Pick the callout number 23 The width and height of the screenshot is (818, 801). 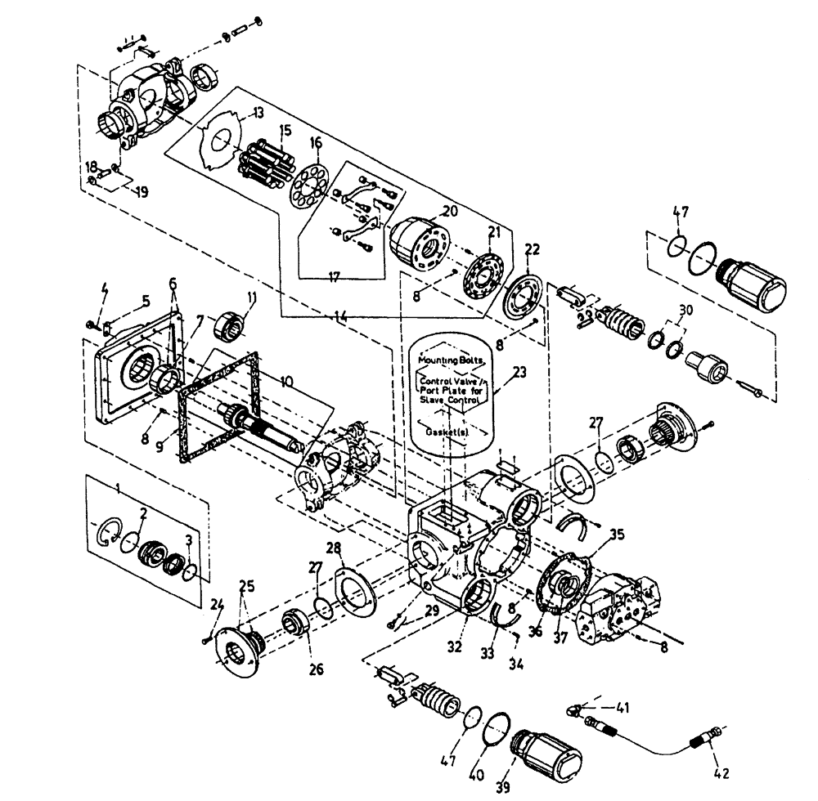coord(520,370)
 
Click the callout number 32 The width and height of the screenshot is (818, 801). coord(456,647)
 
